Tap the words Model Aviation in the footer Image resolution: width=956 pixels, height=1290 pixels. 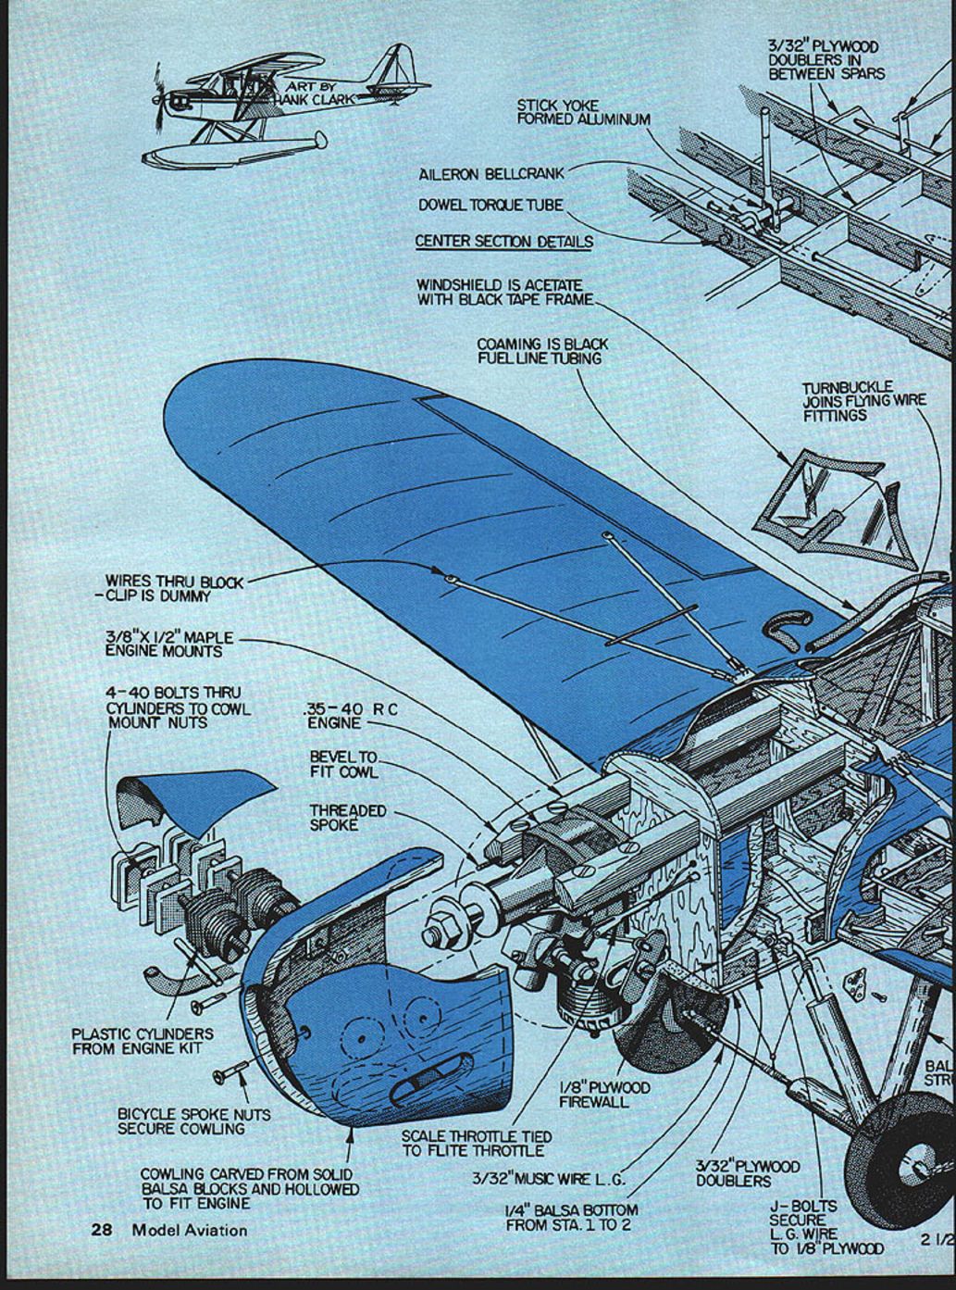(x=190, y=1230)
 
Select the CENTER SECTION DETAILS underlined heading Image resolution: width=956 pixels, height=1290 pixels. (x=503, y=242)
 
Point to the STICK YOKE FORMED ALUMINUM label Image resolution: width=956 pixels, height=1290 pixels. (x=582, y=112)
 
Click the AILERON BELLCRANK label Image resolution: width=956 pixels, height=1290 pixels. (x=490, y=173)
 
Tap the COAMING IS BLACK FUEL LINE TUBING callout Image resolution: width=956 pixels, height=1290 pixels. (x=542, y=351)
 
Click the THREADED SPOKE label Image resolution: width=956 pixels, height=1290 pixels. (x=347, y=817)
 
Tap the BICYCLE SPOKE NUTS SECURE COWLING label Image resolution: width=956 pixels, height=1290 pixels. (x=193, y=1121)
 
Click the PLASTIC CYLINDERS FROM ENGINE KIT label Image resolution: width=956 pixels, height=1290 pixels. (x=143, y=1041)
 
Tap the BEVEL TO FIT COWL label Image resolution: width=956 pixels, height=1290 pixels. (x=343, y=764)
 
